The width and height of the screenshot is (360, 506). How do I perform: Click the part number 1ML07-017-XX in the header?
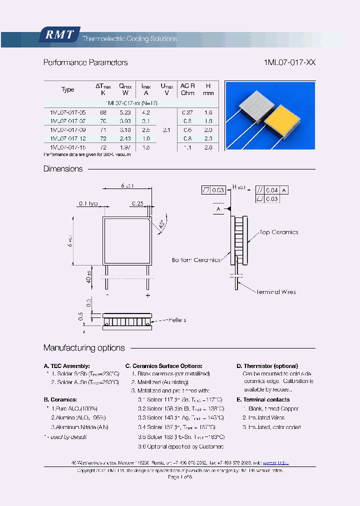click(x=289, y=62)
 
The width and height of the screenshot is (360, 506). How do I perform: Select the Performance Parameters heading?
click(x=85, y=62)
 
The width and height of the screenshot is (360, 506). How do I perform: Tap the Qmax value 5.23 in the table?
click(x=125, y=112)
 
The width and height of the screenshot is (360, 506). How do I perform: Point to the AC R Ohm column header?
click(x=187, y=89)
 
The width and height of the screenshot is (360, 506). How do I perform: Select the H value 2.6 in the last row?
click(x=208, y=147)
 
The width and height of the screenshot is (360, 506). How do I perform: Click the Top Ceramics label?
click(x=278, y=232)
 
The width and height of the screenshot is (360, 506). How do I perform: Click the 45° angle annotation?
click(x=162, y=225)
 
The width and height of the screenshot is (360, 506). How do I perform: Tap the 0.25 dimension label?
click(x=138, y=203)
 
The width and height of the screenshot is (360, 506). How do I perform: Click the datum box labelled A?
click(x=218, y=208)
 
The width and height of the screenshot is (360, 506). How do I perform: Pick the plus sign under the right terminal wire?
click(x=147, y=295)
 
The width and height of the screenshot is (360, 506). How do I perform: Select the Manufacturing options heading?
click(x=84, y=347)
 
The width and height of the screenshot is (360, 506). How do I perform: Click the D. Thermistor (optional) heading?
click(x=267, y=366)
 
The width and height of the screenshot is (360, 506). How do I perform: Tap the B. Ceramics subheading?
click(x=60, y=399)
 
